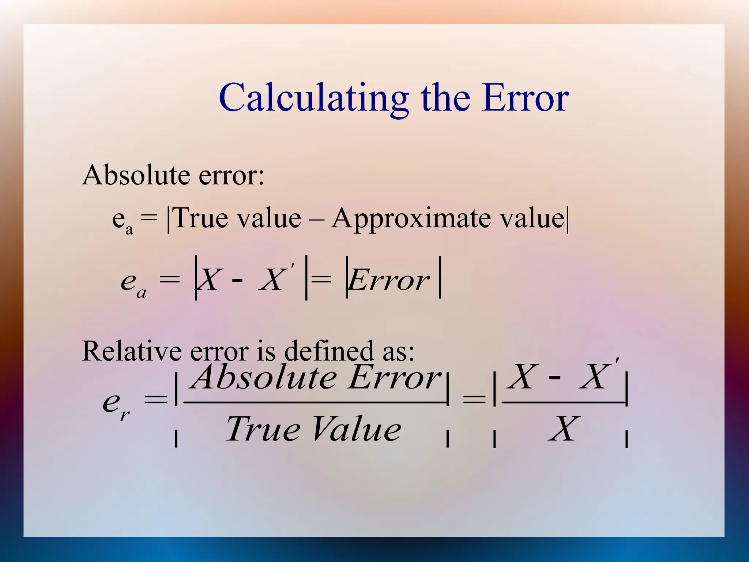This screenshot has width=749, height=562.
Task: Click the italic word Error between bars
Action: (389, 280)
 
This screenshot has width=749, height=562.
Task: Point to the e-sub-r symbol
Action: (116, 405)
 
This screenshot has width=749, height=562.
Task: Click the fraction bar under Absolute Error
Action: (315, 402)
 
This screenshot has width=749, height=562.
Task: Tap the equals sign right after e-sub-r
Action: (155, 400)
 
